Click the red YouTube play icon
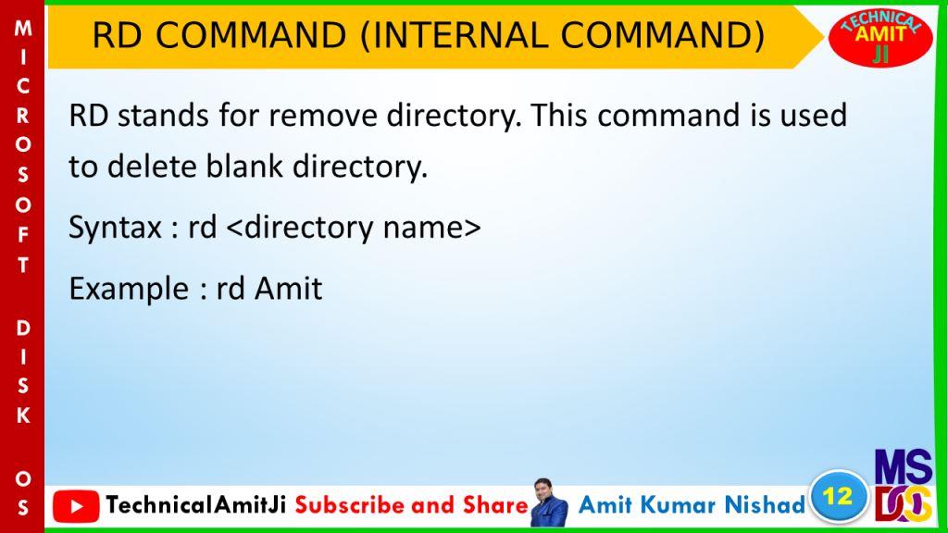click(x=76, y=506)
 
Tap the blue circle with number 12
click(x=838, y=497)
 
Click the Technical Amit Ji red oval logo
click(x=880, y=37)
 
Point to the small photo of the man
click(x=549, y=502)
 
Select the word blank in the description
click(x=244, y=166)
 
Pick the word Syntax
click(x=115, y=229)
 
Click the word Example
click(x=129, y=289)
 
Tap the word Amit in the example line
click(x=289, y=289)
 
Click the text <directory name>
click(x=354, y=229)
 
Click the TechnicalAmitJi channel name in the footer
click(x=195, y=505)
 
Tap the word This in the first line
click(x=559, y=115)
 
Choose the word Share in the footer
click(x=496, y=505)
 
